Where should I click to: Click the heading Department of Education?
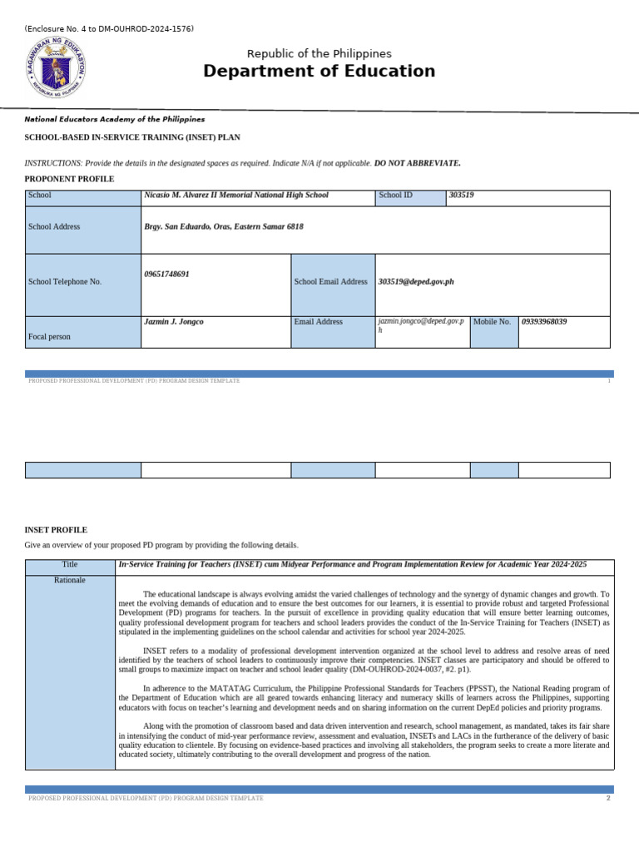pos(319,72)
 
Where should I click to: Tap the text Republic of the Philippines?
pos(319,53)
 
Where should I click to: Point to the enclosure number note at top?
pos(110,29)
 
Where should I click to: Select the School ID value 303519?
pos(461,196)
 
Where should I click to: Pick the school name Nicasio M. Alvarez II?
pos(236,196)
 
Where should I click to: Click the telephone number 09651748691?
pos(166,274)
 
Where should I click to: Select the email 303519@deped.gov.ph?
pos(416,282)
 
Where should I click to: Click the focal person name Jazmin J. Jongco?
pos(174,322)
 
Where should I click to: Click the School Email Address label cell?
pos(330,282)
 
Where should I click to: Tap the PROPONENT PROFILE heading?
pos(69,179)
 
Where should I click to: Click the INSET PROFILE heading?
pos(56,530)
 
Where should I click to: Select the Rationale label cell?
pos(69,579)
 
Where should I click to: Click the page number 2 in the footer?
pos(608,799)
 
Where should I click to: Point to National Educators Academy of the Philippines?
pos(115,120)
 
